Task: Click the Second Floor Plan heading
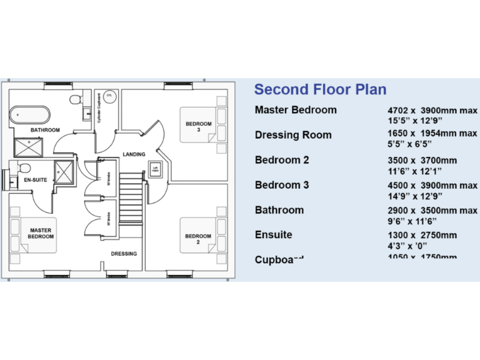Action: click(x=320, y=89)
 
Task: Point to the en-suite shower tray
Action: click(x=64, y=171)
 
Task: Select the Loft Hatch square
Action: click(x=156, y=168)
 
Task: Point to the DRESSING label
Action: click(x=124, y=254)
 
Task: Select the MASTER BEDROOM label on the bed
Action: click(x=41, y=233)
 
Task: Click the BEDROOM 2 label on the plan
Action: click(x=197, y=239)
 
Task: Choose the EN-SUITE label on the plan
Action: click(x=36, y=180)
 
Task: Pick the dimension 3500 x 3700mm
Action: click(x=422, y=161)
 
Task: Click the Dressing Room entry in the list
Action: click(x=293, y=135)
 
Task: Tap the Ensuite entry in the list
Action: click(x=274, y=235)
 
